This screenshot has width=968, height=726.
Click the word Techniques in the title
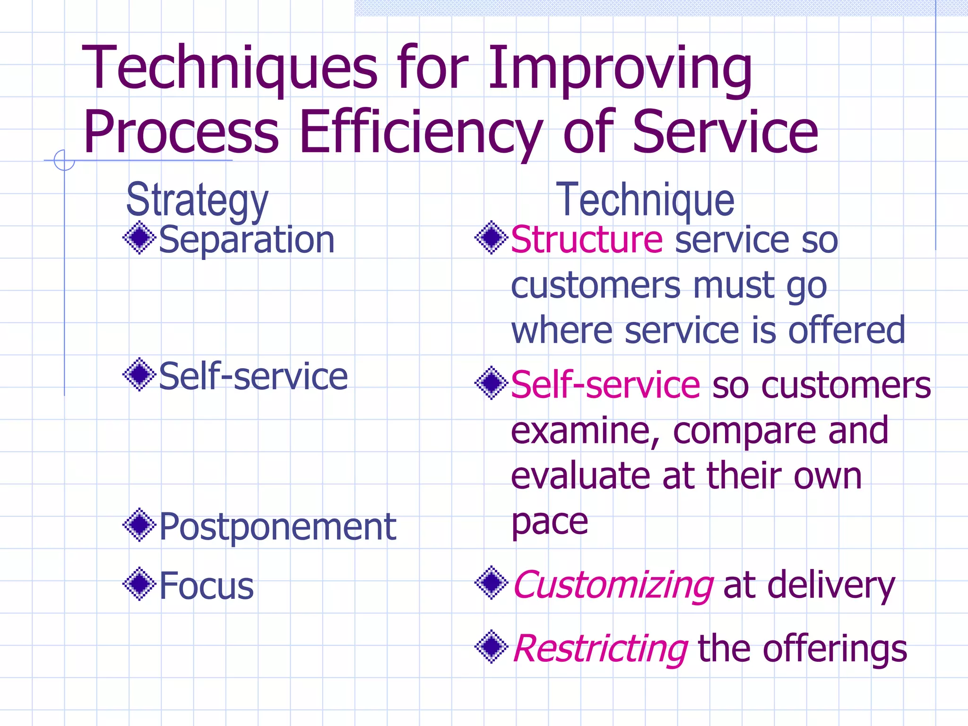[x=230, y=69]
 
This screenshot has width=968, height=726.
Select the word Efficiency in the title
[x=421, y=133]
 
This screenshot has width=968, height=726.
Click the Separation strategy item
[x=247, y=240]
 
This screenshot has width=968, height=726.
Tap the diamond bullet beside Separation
[x=139, y=238]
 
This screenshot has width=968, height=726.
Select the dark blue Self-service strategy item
[x=253, y=377]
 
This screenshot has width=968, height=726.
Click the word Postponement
[x=277, y=527]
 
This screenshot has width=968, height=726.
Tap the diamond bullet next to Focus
[x=139, y=584]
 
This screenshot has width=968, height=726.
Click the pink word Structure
[x=587, y=240]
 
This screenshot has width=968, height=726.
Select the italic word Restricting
[x=600, y=649]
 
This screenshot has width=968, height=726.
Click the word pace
[x=550, y=522]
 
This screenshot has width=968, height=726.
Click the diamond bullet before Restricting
[x=492, y=647]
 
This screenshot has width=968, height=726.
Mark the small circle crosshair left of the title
[x=64, y=160]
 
